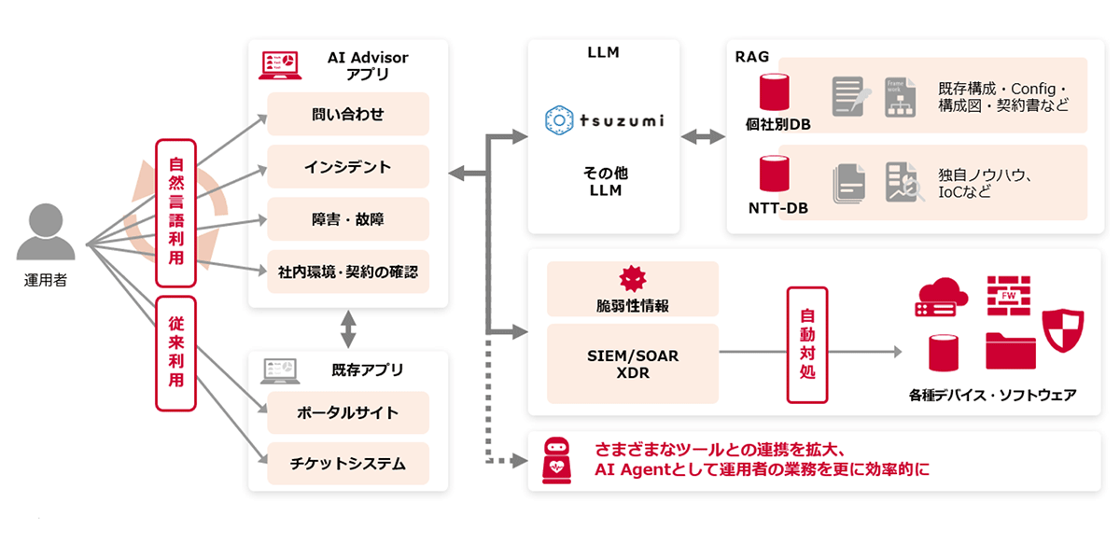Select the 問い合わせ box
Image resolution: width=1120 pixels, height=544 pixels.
click(347, 115)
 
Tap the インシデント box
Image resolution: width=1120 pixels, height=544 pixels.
click(347, 167)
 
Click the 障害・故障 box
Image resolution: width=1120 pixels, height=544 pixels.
click(347, 220)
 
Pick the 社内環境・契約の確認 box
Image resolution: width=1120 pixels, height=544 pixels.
click(347, 272)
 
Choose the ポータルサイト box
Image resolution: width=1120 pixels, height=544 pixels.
click(347, 412)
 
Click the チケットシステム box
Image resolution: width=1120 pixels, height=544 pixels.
click(347, 462)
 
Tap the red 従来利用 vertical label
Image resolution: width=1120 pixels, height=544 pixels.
click(175, 353)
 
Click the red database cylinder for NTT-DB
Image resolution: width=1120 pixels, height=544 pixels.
click(774, 174)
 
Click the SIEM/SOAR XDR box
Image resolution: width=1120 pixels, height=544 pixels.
click(632, 363)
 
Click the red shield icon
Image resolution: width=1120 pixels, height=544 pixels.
click(1061, 328)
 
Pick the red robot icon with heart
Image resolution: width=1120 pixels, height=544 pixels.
click(557, 460)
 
